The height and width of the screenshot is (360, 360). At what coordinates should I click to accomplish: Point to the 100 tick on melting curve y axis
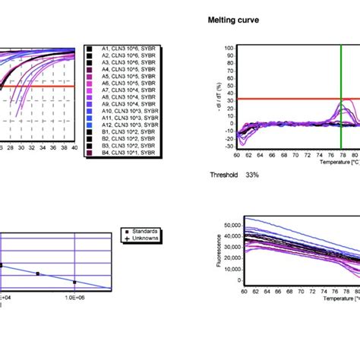coord(228,48)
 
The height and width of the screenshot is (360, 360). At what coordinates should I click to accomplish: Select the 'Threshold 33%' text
coord(234,175)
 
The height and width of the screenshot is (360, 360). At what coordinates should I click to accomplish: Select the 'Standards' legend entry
coord(142,231)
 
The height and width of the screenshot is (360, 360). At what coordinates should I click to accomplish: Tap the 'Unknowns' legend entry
coord(142,238)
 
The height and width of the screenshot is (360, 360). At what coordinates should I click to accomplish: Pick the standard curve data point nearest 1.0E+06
coord(74,282)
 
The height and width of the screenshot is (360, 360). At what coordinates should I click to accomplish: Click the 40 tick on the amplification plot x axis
coord(74,148)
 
